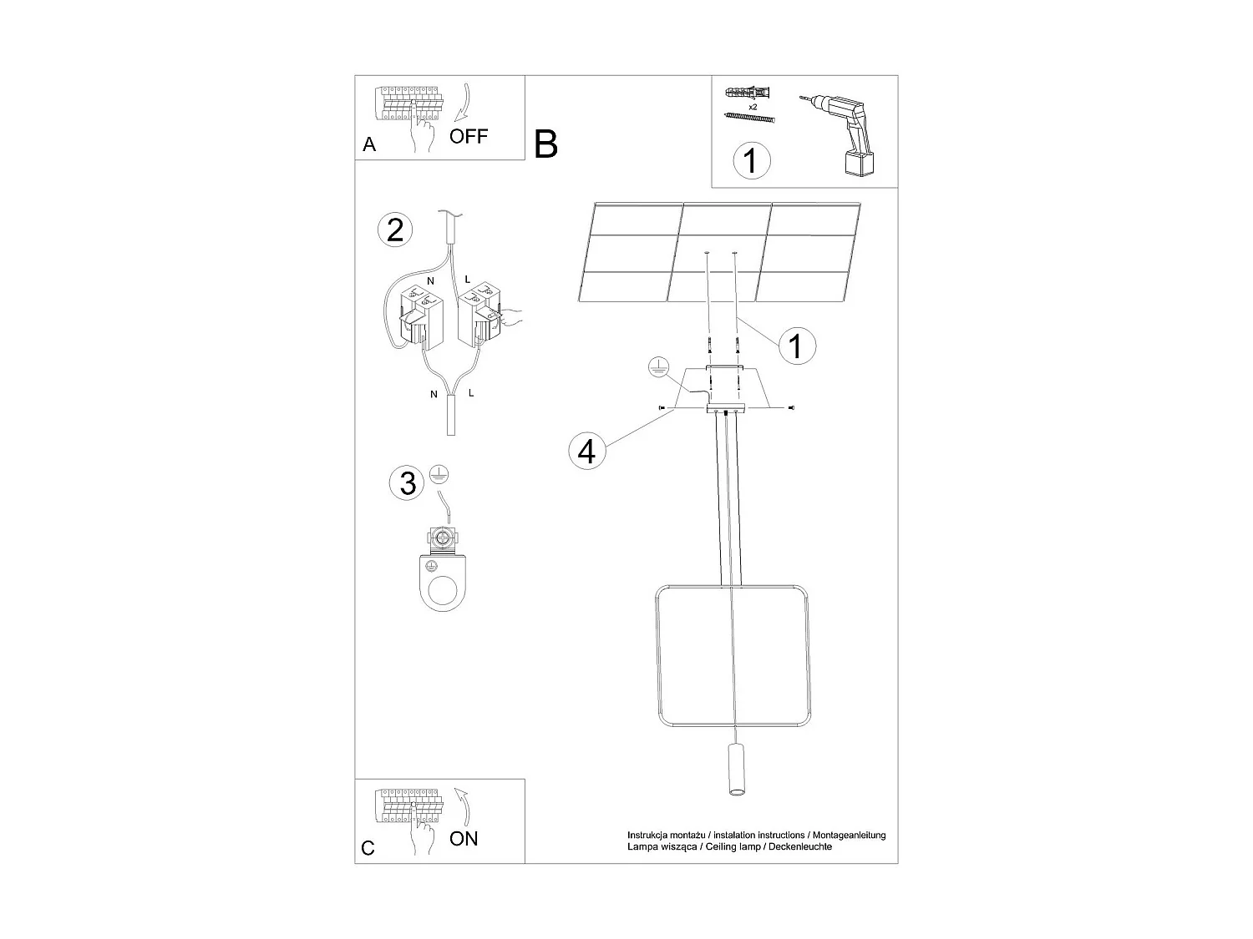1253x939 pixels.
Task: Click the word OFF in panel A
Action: (x=469, y=136)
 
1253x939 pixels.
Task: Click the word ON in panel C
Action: (x=464, y=838)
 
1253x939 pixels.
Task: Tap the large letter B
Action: (x=545, y=144)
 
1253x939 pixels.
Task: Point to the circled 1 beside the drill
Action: (x=751, y=160)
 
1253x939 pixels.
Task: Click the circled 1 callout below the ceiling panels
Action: (x=795, y=344)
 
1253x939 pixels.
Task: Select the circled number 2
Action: (x=395, y=230)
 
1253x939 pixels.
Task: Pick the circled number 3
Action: (x=408, y=482)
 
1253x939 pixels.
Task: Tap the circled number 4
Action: (x=587, y=451)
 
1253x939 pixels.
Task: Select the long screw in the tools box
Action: (x=750, y=119)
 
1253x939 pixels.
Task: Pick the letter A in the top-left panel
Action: (x=369, y=145)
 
